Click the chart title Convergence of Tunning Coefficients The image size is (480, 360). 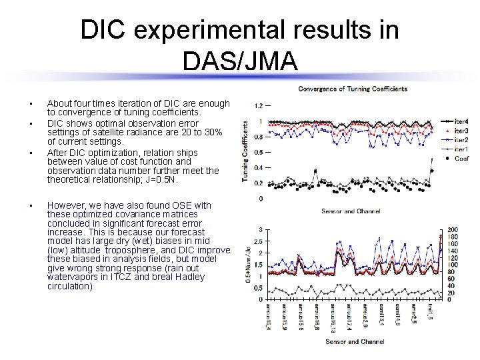[x=352, y=89]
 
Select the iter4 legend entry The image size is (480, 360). [x=461, y=121]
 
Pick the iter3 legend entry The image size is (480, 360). [x=461, y=131]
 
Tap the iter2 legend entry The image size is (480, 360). [x=461, y=140]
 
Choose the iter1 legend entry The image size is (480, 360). [x=461, y=149]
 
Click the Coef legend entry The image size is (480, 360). [x=461, y=159]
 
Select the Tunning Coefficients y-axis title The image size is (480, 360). [x=245, y=151]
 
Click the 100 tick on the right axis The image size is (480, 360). [x=453, y=265]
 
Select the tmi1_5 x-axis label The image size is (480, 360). [x=431, y=313]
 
